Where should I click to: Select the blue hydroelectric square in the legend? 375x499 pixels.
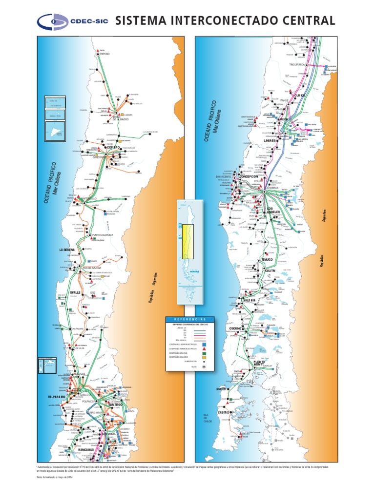click(x=204, y=344)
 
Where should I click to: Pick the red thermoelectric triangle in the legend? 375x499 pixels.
click(x=204, y=349)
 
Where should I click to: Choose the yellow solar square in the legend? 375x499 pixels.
click(x=204, y=357)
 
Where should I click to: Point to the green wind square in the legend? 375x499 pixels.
click(x=204, y=353)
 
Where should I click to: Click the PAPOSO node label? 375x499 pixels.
click(x=104, y=54)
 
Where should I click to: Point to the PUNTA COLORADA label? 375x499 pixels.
click(x=103, y=235)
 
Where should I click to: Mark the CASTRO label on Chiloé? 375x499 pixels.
click(x=224, y=412)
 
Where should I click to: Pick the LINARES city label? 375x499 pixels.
click(x=270, y=141)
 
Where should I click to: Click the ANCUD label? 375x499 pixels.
click(x=221, y=389)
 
